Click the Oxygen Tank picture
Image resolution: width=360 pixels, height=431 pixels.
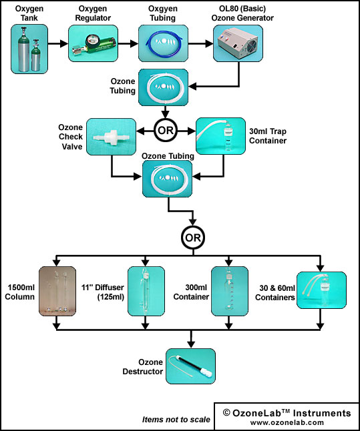pos(29,49)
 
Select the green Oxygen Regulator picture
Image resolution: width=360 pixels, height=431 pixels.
pos(93,43)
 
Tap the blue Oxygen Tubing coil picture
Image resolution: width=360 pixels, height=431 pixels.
pos(163,43)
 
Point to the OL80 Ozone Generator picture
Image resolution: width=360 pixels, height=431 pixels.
pos(238,43)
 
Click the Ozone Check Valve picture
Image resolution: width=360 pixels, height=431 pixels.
pos(111,137)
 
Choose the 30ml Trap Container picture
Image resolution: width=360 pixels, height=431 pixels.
pos(220,136)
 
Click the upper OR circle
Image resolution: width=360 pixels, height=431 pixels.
pos(166,130)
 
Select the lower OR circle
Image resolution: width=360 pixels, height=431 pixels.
pos(193,238)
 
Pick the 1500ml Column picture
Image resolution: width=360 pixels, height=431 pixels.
pos(57,291)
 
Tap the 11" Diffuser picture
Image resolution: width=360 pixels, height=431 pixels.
pos(146,291)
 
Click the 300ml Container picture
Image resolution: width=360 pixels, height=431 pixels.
pos(230,291)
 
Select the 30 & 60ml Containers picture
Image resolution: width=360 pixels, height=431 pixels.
pos(321,290)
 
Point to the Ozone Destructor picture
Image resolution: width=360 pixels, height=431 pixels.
pos(190,366)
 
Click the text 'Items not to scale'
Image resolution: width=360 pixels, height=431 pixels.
pos(176,420)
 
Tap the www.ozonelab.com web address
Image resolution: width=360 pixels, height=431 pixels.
pos(287,422)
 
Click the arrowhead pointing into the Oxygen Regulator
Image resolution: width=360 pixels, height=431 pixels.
pos(64,43)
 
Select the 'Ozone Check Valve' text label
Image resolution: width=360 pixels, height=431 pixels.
pos(70,137)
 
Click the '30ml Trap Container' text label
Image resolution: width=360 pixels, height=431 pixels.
pos(268,136)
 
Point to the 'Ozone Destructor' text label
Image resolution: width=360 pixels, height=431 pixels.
pos(142,367)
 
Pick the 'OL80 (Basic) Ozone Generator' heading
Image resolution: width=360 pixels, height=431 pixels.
pos(242,13)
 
